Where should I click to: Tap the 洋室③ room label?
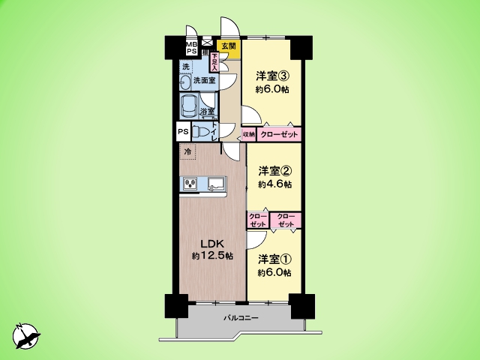pos(273,76)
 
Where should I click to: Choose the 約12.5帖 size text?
pos(211,256)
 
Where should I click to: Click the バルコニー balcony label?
pos(241,319)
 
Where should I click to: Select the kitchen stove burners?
pos(190,183)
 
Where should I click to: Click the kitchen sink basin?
pos(216,182)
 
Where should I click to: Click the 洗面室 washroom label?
pos(203,79)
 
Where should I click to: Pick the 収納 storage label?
pos(249,134)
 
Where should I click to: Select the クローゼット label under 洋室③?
pos(280,134)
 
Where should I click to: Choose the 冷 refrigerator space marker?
pos(187,151)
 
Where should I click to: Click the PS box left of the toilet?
pos(183,131)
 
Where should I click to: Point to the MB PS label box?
pos(191,47)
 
